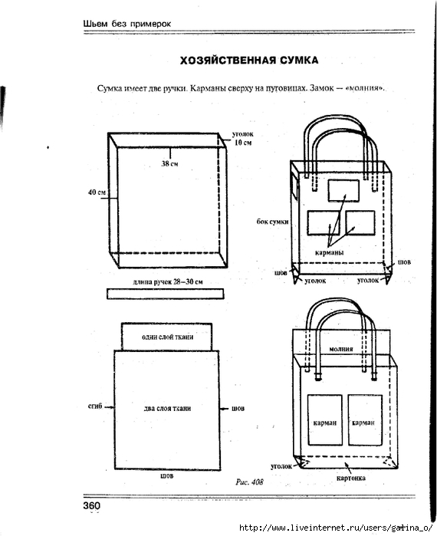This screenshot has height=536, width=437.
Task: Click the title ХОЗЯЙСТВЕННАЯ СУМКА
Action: pyautogui.click(x=249, y=61)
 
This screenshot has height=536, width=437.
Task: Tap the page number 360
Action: pyautogui.click(x=91, y=505)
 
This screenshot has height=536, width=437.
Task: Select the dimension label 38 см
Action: pyautogui.click(x=169, y=164)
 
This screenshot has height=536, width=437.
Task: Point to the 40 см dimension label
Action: pyautogui.click(x=97, y=192)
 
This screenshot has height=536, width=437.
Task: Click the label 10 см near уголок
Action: pyautogui.click(x=243, y=143)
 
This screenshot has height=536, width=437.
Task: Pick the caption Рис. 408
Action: pyautogui.click(x=249, y=482)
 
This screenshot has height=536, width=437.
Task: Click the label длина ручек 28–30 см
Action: pyautogui.click(x=168, y=282)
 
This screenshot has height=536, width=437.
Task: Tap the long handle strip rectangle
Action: pyautogui.click(x=166, y=294)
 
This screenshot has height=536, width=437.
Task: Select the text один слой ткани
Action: pyautogui.click(x=167, y=337)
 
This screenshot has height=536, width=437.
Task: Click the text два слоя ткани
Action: pyautogui.click(x=167, y=409)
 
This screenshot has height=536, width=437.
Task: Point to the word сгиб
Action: pyautogui.click(x=95, y=406)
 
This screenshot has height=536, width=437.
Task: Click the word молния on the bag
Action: pyautogui.click(x=341, y=349)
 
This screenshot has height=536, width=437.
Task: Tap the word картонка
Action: pyautogui.click(x=351, y=478)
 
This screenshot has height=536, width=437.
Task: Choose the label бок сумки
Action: pyautogui.click(x=273, y=222)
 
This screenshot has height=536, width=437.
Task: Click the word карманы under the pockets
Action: pyautogui.click(x=330, y=252)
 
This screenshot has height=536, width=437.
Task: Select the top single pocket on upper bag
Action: pyautogui.click(x=343, y=191)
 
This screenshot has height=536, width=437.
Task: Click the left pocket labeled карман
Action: pyautogui.click(x=325, y=420)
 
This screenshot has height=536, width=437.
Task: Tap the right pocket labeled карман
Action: pyautogui.click(x=365, y=420)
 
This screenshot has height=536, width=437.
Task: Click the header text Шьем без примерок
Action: pyautogui.click(x=127, y=24)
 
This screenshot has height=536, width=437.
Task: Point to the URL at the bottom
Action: pyautogui.click(x=337, y=528)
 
